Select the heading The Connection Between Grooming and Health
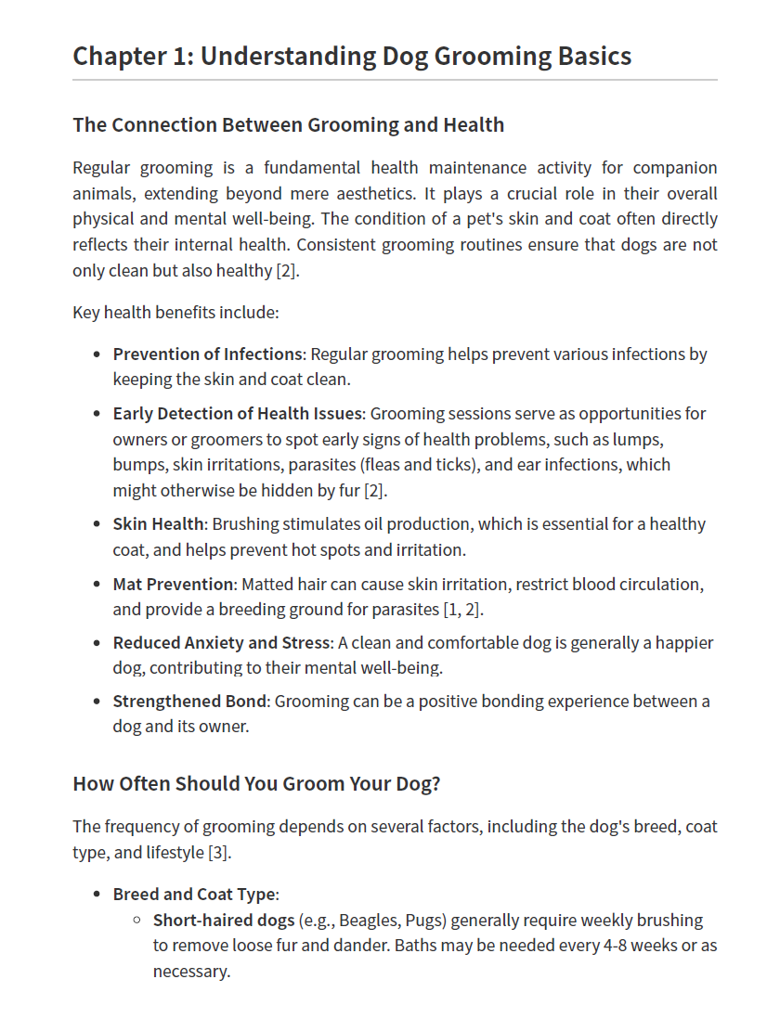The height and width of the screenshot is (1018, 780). [288, 124]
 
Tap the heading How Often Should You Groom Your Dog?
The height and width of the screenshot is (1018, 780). [256, 783]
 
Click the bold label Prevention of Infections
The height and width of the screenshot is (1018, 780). [208, 354]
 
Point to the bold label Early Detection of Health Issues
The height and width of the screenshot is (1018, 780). [237, 413]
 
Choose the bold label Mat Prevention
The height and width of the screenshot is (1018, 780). [173, 584]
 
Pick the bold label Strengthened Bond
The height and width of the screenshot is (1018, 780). [189, 701]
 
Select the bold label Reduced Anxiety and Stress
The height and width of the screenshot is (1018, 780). [221, 642]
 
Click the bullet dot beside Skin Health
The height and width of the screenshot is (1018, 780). [97, 524]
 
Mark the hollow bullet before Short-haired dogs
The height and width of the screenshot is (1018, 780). [137, 921]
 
